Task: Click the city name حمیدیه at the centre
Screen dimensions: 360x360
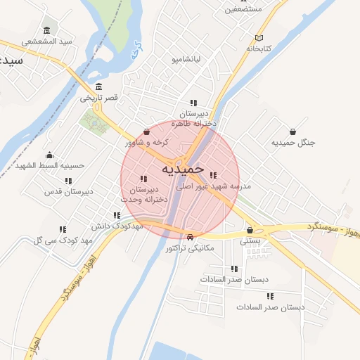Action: pos(182,169)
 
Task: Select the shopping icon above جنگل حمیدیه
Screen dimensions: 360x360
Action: pos(292,131)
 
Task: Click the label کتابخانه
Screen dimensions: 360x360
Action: pos(259,49)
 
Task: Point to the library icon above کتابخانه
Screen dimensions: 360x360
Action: pos(259,37)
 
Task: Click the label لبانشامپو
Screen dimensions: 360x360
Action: pos(186,60)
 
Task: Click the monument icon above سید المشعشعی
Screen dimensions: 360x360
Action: pos(47,30)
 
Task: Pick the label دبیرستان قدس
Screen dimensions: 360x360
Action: pos(68,191)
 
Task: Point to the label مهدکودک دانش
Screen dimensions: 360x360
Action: pos(117,226)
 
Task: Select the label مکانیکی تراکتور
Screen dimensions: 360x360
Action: pos(191,248)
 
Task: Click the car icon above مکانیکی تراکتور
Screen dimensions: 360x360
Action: pos(191,236)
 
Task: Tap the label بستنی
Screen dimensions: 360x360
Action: pos(250,240)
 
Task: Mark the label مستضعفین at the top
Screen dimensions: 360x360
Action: pos(243,9)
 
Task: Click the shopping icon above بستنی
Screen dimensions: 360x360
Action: pos(250,229)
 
